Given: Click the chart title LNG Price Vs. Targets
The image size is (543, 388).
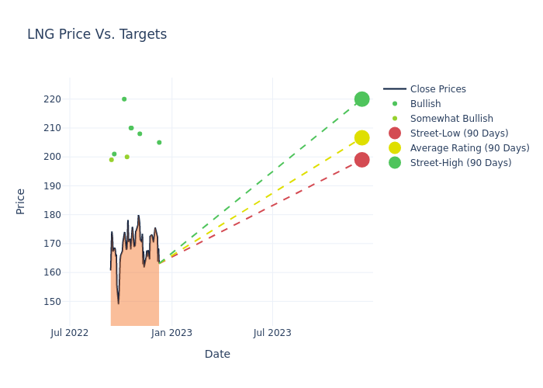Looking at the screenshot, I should point(97,34).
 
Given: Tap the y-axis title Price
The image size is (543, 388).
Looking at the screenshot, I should point(21,201).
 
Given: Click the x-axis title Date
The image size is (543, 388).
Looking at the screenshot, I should point(217,354).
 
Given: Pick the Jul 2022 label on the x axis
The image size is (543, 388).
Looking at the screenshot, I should point(70,333).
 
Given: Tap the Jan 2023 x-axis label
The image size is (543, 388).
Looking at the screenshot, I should point(171,333).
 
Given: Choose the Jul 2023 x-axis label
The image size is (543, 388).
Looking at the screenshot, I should point(273,333).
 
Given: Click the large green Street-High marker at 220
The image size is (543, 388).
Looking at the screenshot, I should point(361,99).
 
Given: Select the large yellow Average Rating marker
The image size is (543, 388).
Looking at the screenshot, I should point(361,138).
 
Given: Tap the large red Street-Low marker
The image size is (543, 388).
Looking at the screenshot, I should point(361,160).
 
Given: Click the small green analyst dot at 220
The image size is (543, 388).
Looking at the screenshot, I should point(124,99).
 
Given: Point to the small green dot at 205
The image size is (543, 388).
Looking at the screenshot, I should point(159,143).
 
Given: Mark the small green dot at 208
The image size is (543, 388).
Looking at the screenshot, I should point(140,133).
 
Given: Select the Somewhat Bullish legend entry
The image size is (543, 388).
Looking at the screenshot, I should point(451,119).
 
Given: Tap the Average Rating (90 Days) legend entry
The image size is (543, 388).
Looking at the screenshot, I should point(469,148).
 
